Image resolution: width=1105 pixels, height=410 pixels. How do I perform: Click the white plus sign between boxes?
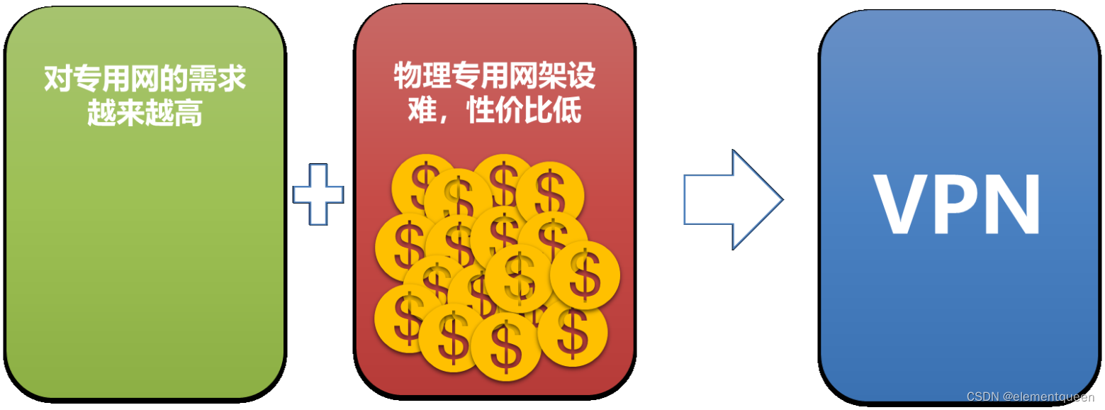click(x=318, y=194)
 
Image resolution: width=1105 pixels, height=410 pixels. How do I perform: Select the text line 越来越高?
click(x=145, y=113)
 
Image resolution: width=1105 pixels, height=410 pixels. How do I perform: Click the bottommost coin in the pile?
click(x=505, y=347)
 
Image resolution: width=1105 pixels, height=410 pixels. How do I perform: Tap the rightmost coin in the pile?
click(x=585, y=275)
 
